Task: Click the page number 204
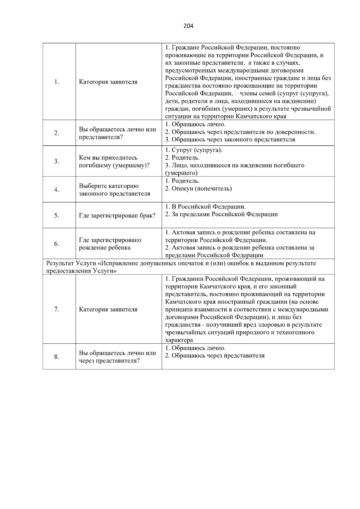(x=188, y=26)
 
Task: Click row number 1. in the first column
(x=56, y=82)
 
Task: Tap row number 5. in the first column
(x=56, y=215)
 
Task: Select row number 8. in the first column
(x=56, y=357)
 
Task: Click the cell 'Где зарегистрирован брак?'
(x=117, y=216)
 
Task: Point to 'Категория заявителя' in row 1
(x=108, y=82)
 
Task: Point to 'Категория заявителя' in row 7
(x=108, y=309)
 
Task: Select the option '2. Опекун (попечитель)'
(x=198, y=189)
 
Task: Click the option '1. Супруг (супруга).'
(x=194, y=150)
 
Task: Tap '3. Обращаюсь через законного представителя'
(x=230, y=139)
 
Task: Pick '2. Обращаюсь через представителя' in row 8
(x=215, y=356)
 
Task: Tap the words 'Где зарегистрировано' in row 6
(x=110, y=240)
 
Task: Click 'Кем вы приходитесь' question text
(x=108, y=158)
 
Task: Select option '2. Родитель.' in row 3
(x=182, y=158)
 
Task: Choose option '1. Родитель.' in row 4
(x=182, y=181)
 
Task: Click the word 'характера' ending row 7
(x=179, y=340)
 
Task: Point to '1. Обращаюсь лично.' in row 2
(x=195, y=124)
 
